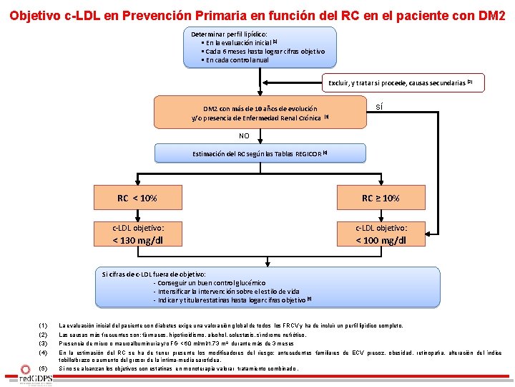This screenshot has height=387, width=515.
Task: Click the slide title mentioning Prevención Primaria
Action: click(x=257, y=14)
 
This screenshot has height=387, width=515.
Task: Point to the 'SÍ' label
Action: click(x=379, y=107)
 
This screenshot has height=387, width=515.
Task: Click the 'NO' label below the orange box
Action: click(x=244, y=136)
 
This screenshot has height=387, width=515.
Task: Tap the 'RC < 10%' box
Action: click(x=137, y=198)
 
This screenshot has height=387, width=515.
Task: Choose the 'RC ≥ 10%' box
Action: click(x=381, y=198)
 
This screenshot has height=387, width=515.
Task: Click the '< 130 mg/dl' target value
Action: click(x=138, y=240)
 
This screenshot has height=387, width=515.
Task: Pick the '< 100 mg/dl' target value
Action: click(x=381, y=240)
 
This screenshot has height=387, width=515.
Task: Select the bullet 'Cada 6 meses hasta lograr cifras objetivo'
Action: click(x=265, y=52)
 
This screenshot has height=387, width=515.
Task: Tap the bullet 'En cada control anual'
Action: click(x=237, y=60)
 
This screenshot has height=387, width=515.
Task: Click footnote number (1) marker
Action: click(x=43, y=325)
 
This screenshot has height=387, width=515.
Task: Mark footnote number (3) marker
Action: click(x=43, y=343)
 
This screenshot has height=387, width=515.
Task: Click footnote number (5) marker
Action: click(x=43, y=368)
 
